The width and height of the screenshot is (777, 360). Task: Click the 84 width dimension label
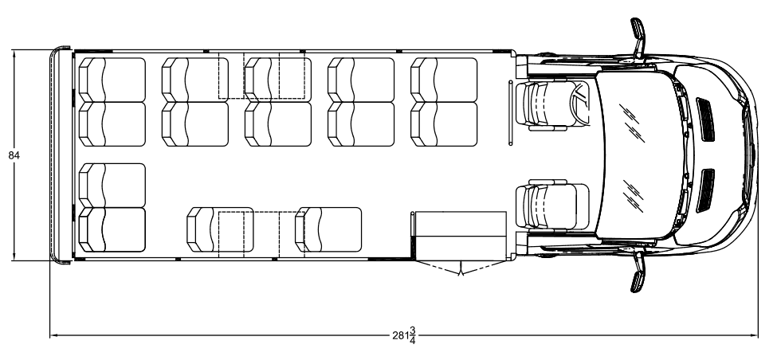(x=14, y=155)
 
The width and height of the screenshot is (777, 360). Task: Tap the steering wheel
(x=580, y=103)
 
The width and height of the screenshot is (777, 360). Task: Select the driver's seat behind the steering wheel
(x=546, y=105)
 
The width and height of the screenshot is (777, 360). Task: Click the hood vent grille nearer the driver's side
(x=705, y=119)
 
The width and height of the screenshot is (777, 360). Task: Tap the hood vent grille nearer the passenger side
(x=705, y=190)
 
